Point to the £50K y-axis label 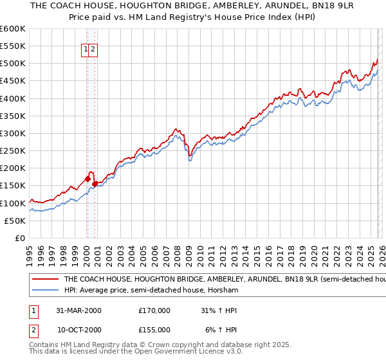(14, 221)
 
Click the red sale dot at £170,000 (88, 179)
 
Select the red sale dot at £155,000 (95, 184)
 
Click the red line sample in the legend (45, 280)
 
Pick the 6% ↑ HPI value (221, 330)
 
